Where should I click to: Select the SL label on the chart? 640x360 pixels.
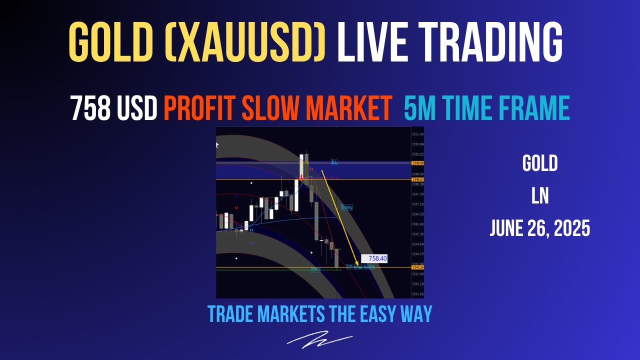(x=334, y=162)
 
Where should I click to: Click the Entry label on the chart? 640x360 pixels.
(x=346, y=207)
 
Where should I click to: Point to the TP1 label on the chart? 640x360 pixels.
(x=315, y=270)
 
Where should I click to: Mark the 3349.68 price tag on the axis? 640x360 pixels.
(x=417, y=163)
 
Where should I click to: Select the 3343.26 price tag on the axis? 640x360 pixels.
(x=417, y=267)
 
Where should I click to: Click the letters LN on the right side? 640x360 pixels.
(x=540, y=196)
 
